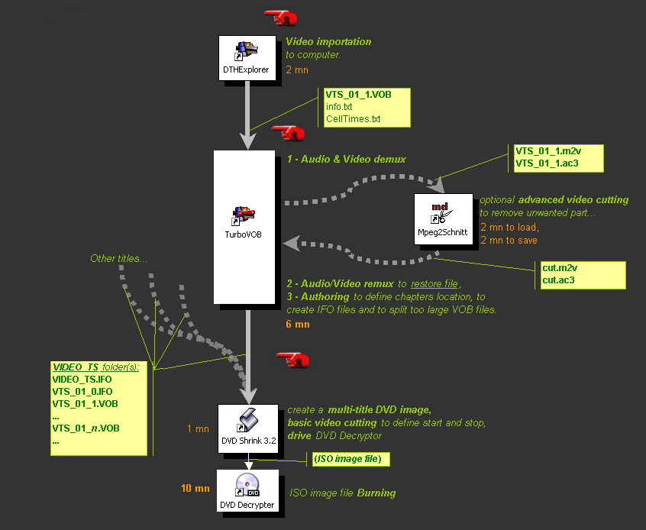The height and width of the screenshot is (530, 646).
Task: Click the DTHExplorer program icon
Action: click(246, 50)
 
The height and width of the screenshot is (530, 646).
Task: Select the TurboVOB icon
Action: click(244, 216)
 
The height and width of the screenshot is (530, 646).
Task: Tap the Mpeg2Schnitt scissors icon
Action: click(441, 213)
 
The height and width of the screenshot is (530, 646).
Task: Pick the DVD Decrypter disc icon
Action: click(247, 485)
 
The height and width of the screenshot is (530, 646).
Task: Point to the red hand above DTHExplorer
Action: click(280, 18)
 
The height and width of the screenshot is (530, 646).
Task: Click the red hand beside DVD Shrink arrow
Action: click(293, 360)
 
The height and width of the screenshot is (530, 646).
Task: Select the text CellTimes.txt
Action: click(353, 119)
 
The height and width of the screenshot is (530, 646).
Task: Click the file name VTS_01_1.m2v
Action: click(548, 151)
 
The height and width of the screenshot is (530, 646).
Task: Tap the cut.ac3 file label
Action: click(558, 280)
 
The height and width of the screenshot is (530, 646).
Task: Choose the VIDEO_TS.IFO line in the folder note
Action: click(82, 380)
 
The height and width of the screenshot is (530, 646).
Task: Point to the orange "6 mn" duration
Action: click(298, 325)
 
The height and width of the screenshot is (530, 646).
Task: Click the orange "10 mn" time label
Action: click(195, 488)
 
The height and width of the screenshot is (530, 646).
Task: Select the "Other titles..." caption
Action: click(118, 259)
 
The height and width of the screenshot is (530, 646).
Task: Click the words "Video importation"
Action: click(328, 42)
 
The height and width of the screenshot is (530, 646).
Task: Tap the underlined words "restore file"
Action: click(434, 284)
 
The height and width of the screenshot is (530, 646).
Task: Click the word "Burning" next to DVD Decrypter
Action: click(376, 493)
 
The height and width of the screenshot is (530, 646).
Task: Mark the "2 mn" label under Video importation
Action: click(297, 70)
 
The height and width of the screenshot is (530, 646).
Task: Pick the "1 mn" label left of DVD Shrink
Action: click(198, 429)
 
